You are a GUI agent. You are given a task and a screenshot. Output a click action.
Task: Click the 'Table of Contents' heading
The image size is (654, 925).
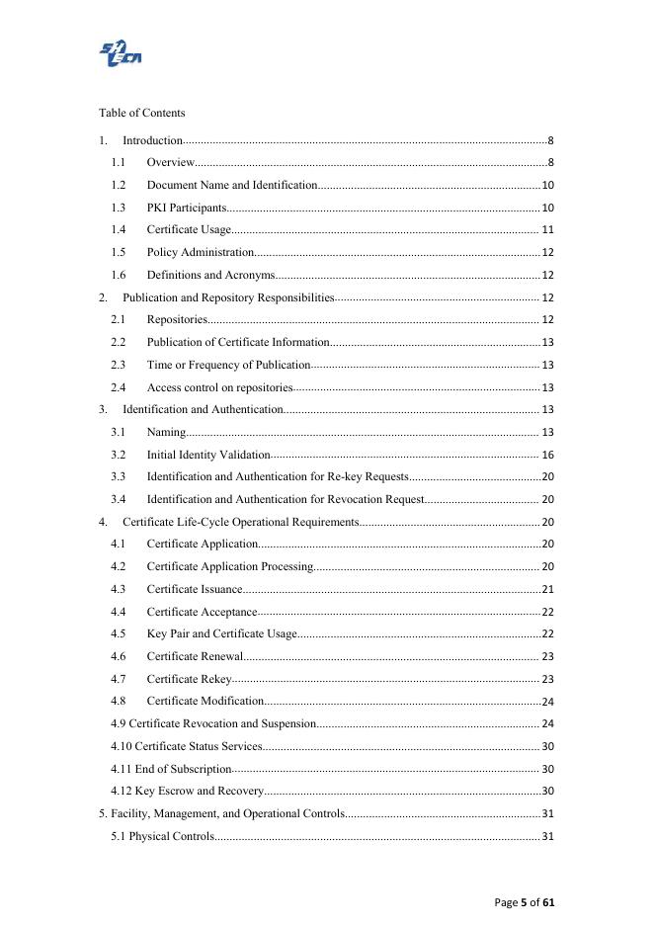click(x=141, y=113)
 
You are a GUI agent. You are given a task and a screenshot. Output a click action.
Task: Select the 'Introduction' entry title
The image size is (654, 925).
click(x=152, y=140)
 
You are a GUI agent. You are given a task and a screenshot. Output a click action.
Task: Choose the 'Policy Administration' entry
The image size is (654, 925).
click(x=201, y=252)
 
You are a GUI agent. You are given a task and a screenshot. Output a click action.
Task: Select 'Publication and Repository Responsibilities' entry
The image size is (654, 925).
click(x=228, y=297)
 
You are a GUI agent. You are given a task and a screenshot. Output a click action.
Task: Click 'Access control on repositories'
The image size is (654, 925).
click(x=219, y=387)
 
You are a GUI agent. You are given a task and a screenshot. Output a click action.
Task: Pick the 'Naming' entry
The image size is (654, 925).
click(x=166, y=432)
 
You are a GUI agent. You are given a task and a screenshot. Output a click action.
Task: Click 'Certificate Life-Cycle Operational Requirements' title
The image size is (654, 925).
click(x=240, y=522)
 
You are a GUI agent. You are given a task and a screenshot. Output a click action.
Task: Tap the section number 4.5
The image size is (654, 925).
click(x=119, y=633)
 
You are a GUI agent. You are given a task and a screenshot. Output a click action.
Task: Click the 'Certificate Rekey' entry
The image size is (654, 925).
click(x=189, y=679)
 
